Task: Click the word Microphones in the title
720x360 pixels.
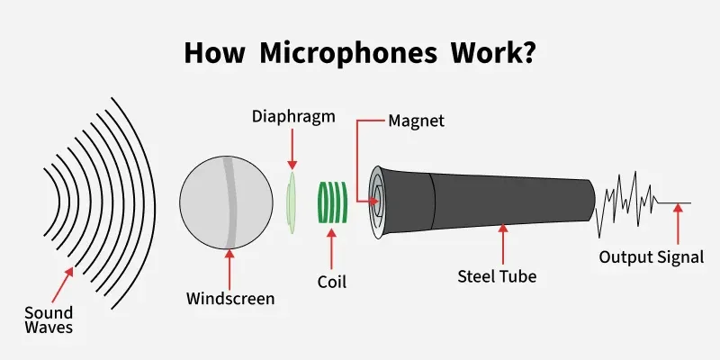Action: click(x=348, y=53)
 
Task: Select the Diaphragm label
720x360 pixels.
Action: click(x=293, y=118)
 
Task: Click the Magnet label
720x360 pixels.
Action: click(x=417, y=121)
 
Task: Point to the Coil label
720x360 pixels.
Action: click(x=331, y=282)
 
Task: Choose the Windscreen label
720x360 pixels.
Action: click(x=230, y=299)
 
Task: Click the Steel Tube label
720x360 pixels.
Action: click(x=497, y=276)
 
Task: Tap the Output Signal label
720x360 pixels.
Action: click(x=651, y=257)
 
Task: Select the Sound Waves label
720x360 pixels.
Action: click(x=49, y=320)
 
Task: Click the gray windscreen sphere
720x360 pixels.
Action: click(x=226, y=202)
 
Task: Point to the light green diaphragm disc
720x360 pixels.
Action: click(x=291, y=203)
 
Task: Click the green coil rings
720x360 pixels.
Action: click(x=333, y=202)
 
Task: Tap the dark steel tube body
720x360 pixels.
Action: click(x=482, y=202)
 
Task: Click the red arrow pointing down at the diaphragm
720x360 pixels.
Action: click(x=292, y=149)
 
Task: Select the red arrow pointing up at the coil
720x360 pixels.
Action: click(x=331, y=249)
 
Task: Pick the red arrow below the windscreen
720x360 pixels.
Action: click(x=229, y=269)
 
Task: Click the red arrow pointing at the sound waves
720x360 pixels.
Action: click(x=63, y=284)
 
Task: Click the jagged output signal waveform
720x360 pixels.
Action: click(x=643, y=204)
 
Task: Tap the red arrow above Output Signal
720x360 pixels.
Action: click(x=679, y=224)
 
